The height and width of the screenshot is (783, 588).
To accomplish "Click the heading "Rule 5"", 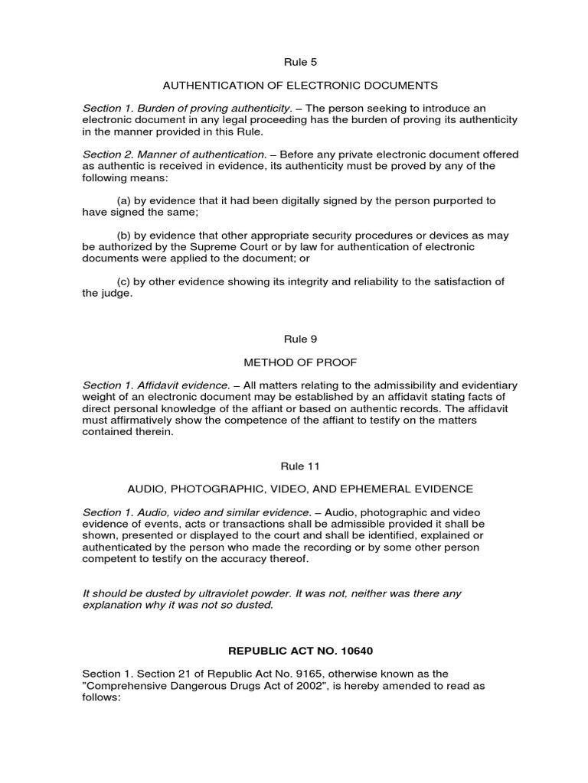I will pyautogui.click(x=294, y=62).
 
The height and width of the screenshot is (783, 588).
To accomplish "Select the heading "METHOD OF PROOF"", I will pyautogui.click(x=294, y=362).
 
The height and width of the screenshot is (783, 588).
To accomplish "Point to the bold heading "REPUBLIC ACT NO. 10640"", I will pyautogui.click(x=294, y=651).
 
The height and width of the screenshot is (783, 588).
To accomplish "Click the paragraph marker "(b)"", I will pyautogui.click(x=124, y=236).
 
